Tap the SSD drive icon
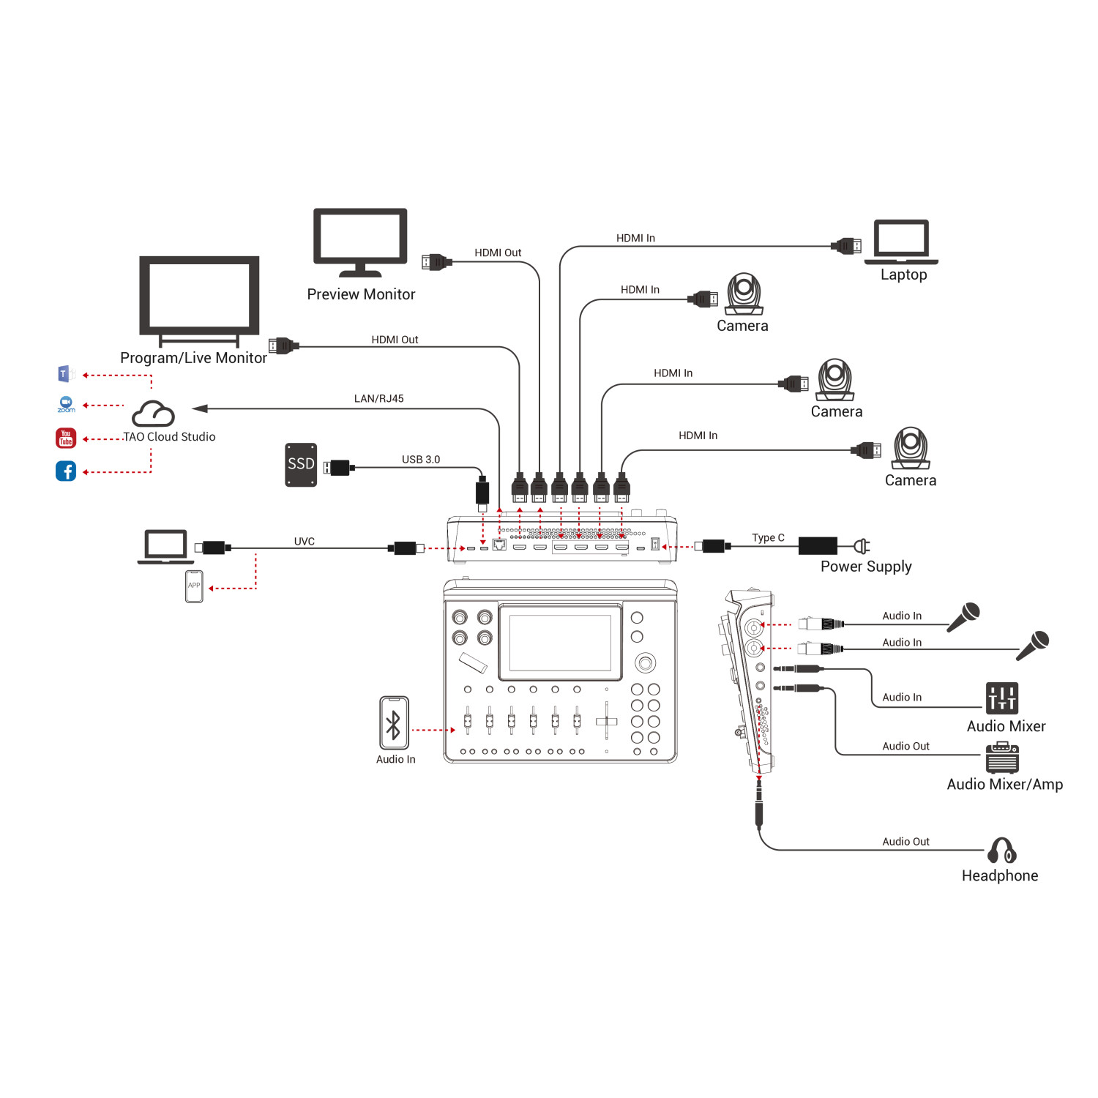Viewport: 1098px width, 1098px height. (301, 464)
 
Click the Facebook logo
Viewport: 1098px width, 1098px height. (66, 471)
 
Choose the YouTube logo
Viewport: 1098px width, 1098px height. (66, 438)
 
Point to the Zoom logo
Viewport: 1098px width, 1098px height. (66, 404)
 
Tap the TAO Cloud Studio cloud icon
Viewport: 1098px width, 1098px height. (153, 414)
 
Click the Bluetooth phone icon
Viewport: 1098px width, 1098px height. (394, 723)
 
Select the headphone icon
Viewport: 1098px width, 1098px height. (1001, 851)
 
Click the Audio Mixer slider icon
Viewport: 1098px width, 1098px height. (1001, 698)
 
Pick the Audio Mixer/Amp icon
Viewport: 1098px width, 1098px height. (1002, 758)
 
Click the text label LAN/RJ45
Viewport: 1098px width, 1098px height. (378, 399)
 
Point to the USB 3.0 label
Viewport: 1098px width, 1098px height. (421, 460)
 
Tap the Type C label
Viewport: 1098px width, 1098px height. (768, 538)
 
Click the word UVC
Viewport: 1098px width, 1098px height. (305, 542)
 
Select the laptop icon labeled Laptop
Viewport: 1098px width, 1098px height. (901, 242)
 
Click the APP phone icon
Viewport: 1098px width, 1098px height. (194, 586)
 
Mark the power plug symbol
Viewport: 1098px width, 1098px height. (862, 546)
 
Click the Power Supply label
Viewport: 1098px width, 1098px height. (866, 567)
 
